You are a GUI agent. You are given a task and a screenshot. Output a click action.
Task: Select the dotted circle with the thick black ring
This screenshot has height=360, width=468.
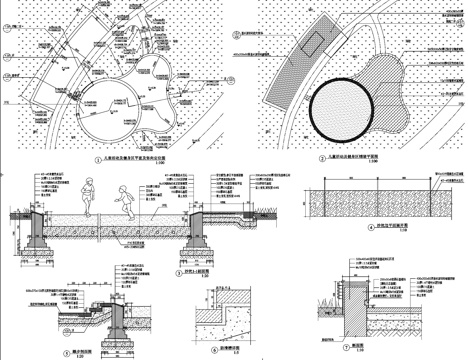click(x=345, y=111)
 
